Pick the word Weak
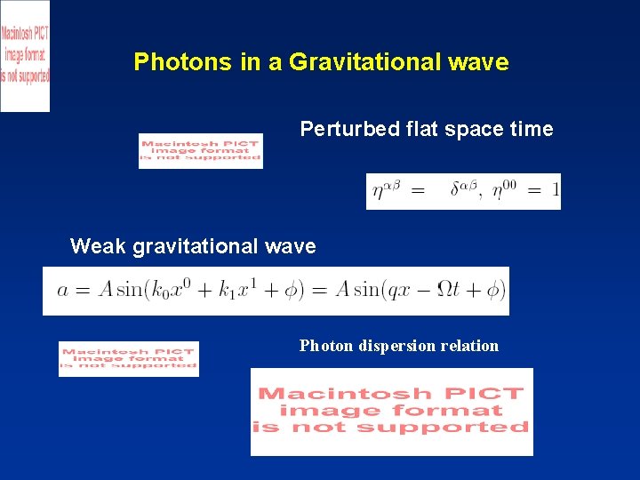(98, 246)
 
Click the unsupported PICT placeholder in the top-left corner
(25, 55)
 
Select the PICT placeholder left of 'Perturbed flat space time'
(201, 151)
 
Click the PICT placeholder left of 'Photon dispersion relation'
(129, 358)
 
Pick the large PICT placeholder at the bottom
(392, 411)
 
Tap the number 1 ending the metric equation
(555, 191)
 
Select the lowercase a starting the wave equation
(62, 291)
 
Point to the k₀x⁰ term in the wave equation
(183, 291)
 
